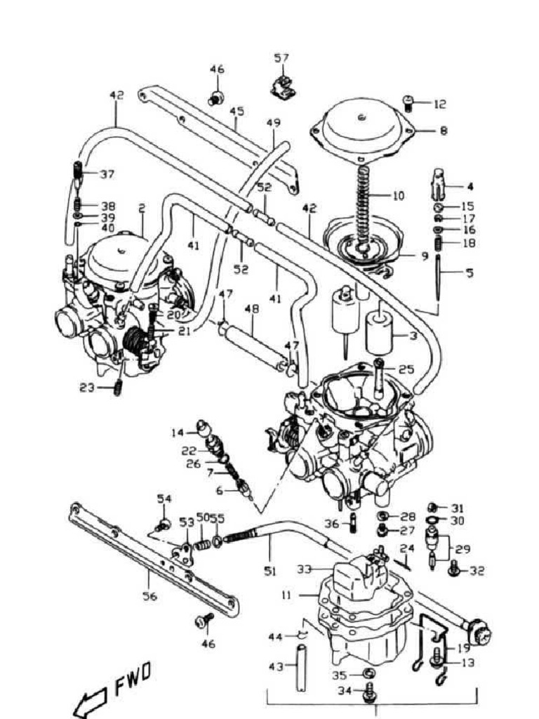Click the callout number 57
[281, 58]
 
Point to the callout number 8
[443, 130]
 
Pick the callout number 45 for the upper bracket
[237, 111]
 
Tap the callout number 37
[107, 174]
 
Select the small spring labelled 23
[118, 388]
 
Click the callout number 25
[406, 369]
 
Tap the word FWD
[133, 679]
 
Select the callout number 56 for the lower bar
[149, 596]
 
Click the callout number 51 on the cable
[269, 572]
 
